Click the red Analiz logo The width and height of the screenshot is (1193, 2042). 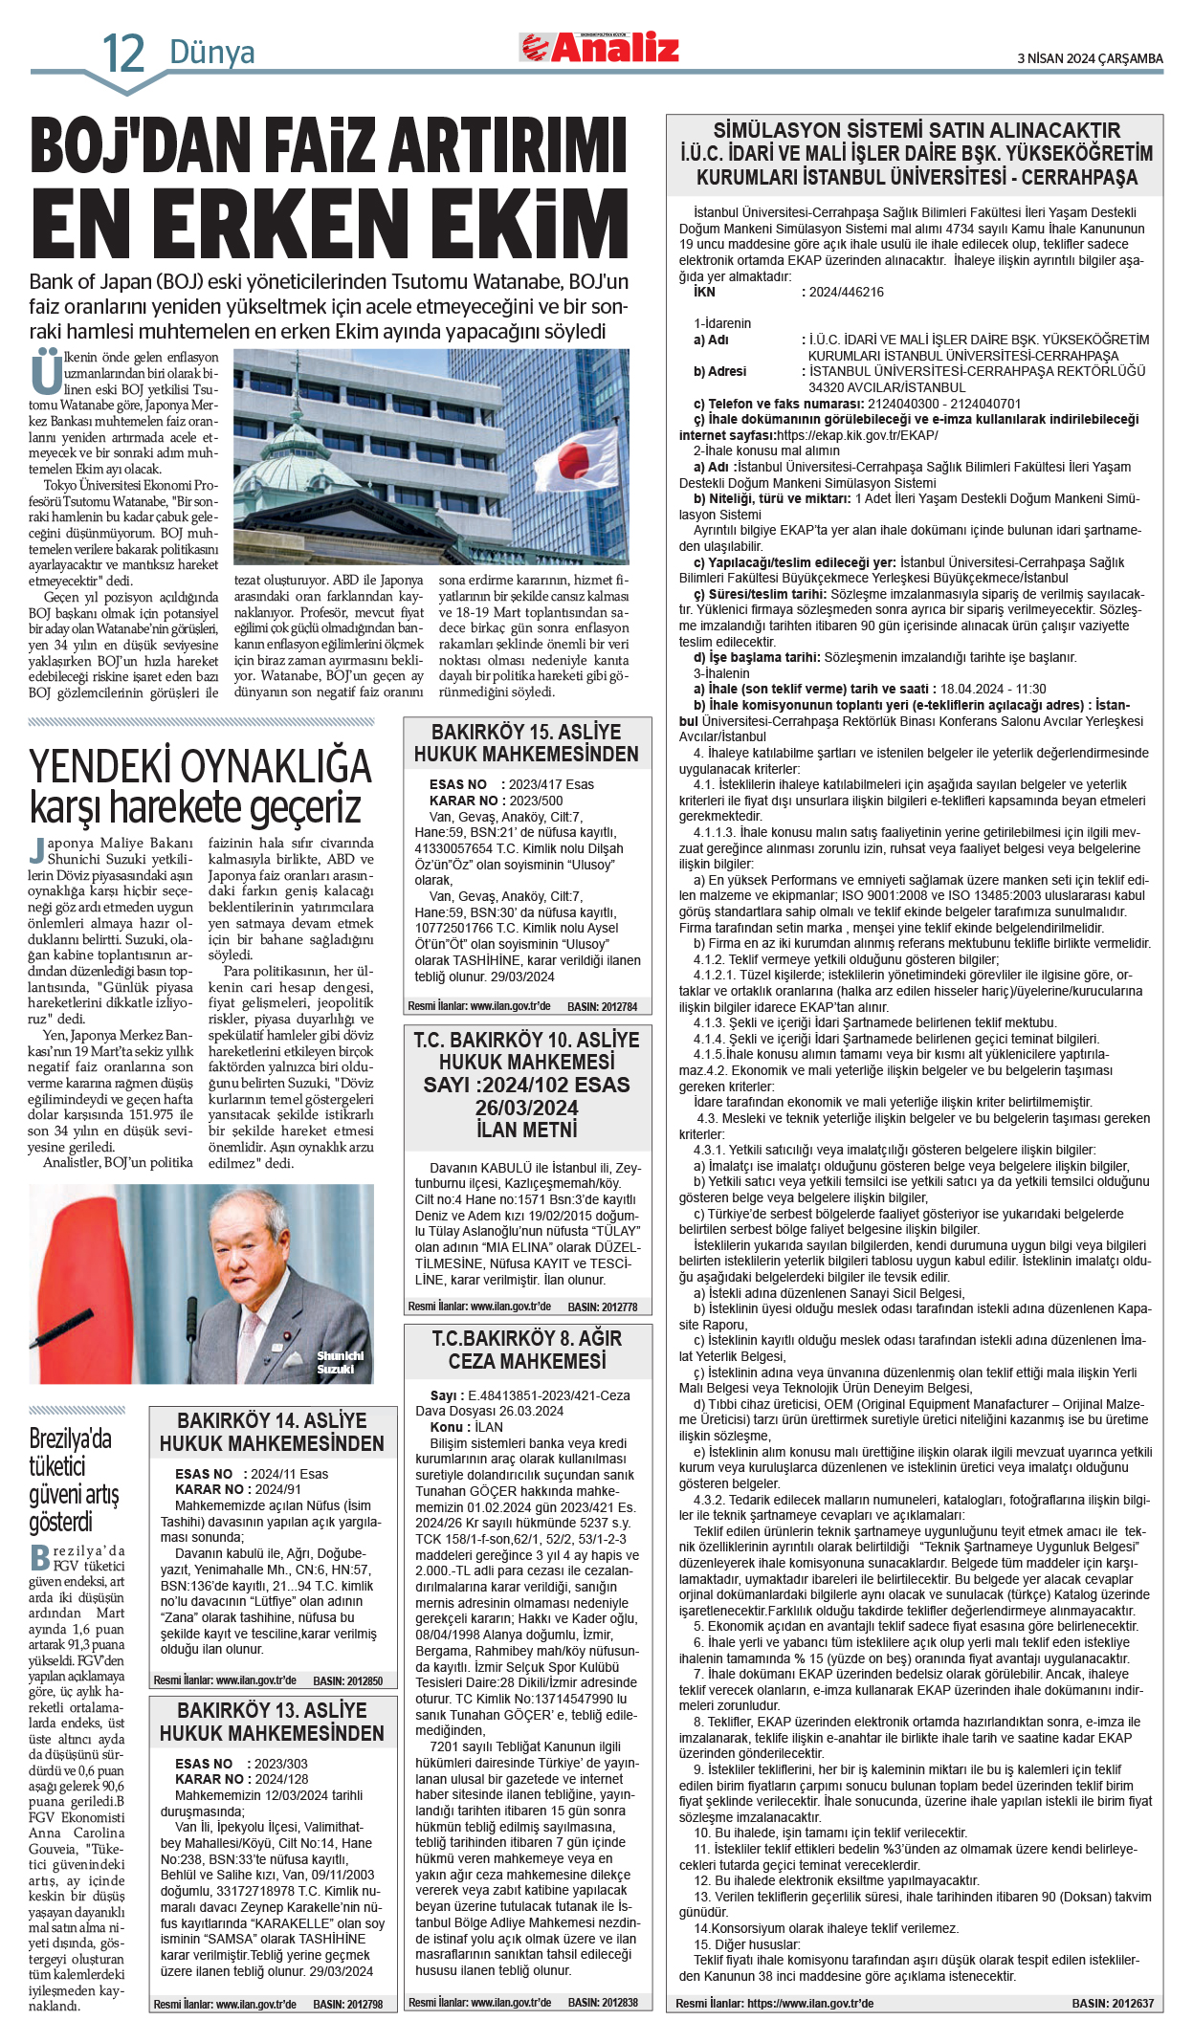click(x=600, y=47)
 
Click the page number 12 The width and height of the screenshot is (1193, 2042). click(x=123, y=54)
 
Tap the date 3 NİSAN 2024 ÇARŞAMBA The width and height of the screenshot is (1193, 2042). click(x=1090, y=58)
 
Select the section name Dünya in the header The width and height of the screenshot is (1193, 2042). click(x=211, y=52)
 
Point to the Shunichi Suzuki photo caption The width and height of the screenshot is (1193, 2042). click(x=340, y=1362)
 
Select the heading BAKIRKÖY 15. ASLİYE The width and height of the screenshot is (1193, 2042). click(x=526, y=732)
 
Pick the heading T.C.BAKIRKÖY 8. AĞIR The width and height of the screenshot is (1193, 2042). click(x=526, y=1338)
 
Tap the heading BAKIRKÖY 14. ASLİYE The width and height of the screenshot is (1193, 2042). click(x=272, y=1420)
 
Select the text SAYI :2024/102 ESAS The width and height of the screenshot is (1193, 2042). click(x=526, y=1085)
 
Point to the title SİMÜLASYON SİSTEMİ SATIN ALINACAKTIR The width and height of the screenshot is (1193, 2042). click(x=916, y=130)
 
